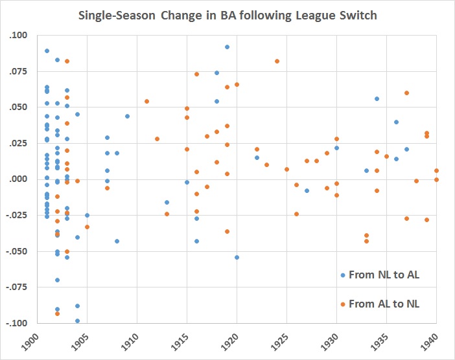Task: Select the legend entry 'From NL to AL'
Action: tap(383, 275)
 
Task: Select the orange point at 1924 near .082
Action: tap(277, 61)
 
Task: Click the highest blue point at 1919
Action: tap(227, 47)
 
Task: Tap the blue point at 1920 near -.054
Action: tap(237, 257)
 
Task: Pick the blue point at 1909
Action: tap(127, 116)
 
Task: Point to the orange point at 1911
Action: tap(147, 101)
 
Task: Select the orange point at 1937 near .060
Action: tap(406, 93)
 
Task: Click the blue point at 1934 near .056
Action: tap(377, 98)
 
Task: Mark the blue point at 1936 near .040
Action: tap(396, 122)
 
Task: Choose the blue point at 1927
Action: tap(307, 190)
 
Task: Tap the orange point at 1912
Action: tap(157, 139)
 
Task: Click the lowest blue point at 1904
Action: tap(77, 321)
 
